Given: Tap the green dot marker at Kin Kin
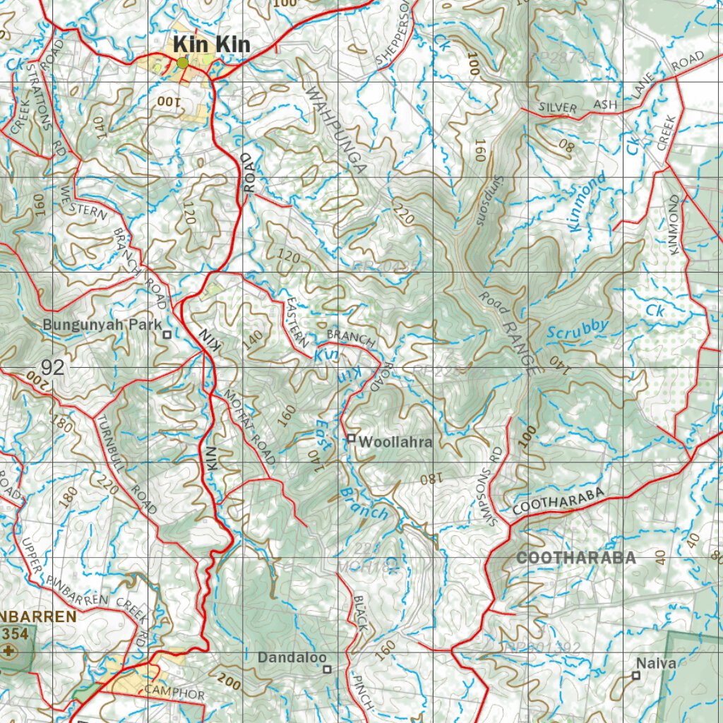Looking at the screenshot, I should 183,63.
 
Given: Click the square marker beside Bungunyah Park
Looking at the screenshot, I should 167,334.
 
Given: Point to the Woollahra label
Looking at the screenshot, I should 395,442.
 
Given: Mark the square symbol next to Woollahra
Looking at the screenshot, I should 351,438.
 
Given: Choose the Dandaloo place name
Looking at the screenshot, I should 288,657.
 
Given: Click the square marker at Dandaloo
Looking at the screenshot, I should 327,668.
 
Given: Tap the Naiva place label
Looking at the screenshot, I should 656,663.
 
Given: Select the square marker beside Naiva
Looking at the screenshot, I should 636,676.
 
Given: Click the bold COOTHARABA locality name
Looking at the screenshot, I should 576,558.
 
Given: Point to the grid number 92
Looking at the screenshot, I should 53,367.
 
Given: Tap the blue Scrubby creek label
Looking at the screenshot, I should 578,328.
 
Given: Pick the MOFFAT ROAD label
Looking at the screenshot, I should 249,426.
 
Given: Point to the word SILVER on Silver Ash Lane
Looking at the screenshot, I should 558,108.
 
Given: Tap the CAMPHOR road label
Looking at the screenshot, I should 174,692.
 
